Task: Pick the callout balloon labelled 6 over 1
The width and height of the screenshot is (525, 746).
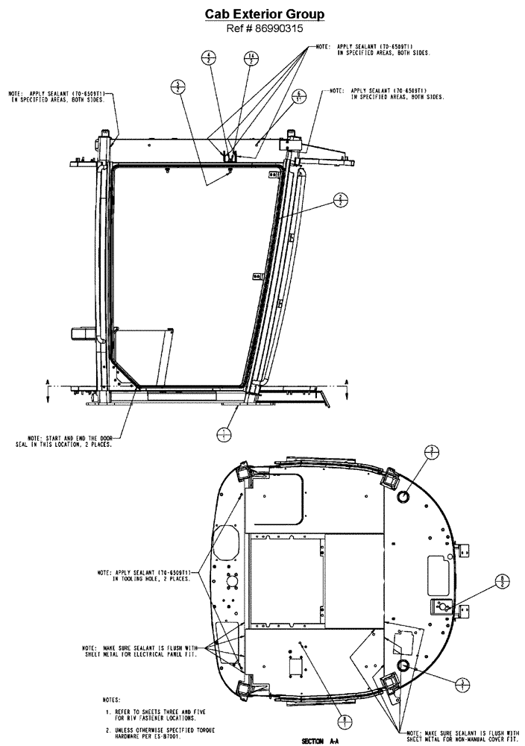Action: point(298,95)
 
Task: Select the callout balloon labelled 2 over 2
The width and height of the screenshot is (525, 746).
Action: point(341,199)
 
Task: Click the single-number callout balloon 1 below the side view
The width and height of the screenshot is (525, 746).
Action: point(221,433)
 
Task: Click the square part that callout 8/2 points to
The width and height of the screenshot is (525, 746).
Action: point(443,606)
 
